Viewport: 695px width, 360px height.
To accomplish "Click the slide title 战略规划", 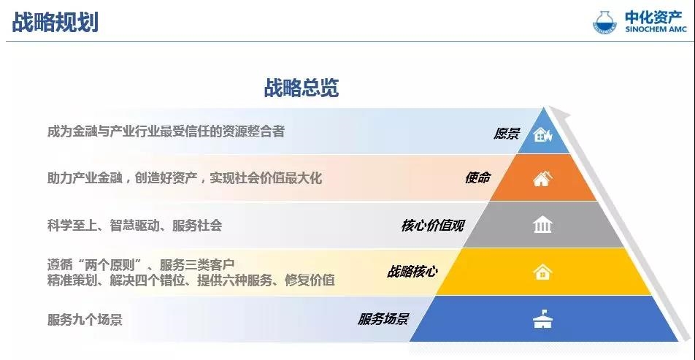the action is coord(55,22).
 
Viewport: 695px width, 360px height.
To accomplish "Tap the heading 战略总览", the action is coord(302,88).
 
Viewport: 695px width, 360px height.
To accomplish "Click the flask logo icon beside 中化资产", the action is coord(604,22).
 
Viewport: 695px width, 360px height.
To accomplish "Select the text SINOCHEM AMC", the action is coord(656,30).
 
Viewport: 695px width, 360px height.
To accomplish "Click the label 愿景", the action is coord(507,134).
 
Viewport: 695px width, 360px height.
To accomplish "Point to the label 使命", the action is coord(477,177).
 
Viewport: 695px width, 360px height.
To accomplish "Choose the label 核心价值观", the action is coord(432,225).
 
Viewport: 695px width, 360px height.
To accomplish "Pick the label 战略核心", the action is coord(412,272).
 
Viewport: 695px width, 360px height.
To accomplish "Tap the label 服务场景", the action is coord(383,319).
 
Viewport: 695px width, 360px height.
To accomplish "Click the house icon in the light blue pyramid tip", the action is coord(543,134).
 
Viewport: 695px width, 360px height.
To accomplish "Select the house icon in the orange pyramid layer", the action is coord(542,179).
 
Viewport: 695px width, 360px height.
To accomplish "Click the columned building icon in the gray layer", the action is coord(542,225).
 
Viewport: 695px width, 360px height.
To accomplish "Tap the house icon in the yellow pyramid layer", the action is coord(542,272).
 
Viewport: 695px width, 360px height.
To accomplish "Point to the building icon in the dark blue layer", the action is coord(542,320).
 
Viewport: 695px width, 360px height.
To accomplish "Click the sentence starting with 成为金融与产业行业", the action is coord(166,131).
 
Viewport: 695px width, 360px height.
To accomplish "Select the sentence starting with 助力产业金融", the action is coord(185,178).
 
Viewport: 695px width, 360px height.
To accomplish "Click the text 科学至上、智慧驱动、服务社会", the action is coord(134,226).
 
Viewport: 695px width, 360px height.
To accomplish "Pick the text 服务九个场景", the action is coord(85,320).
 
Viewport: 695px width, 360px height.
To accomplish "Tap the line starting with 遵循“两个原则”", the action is coord(140,265).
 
